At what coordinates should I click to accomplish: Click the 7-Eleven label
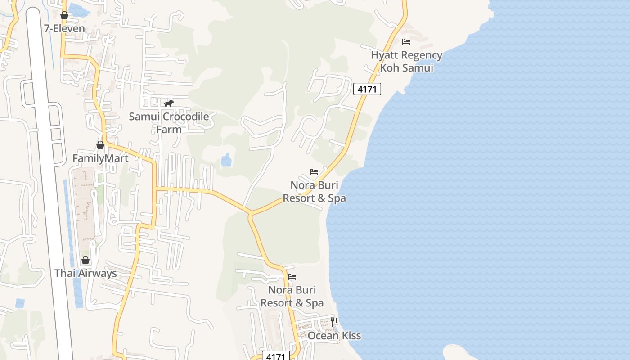tap(64, 28)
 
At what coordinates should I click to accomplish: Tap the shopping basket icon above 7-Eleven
tap(64, 16)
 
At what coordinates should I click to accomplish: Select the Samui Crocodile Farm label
tap(169, 123)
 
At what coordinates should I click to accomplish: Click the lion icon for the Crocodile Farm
tap(169, 103)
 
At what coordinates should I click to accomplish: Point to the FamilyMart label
tap(100, 158)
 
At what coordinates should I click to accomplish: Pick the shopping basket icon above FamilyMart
tap(100, 145)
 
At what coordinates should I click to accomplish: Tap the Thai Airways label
tap(85, 273)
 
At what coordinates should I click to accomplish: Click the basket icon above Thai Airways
tap(85, 260)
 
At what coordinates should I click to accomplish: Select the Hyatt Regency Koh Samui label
tap(406, 62)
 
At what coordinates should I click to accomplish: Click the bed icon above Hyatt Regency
tap(406, 42)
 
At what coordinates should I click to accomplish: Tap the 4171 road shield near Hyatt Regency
tap(367, 89)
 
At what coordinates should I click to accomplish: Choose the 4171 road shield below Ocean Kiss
tap(275, 356)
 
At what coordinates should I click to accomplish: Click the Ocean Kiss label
tap(334, 336)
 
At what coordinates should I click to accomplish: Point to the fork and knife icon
tap(334, 322)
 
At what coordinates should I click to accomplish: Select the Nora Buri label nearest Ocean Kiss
tap(292, 296)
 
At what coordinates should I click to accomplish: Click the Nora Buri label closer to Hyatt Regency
tap(314, 192)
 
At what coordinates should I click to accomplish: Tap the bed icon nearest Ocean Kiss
tap(292, 276)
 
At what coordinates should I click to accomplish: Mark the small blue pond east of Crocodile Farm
tap(226, 160)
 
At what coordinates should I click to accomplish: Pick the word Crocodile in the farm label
tap(185, 117)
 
